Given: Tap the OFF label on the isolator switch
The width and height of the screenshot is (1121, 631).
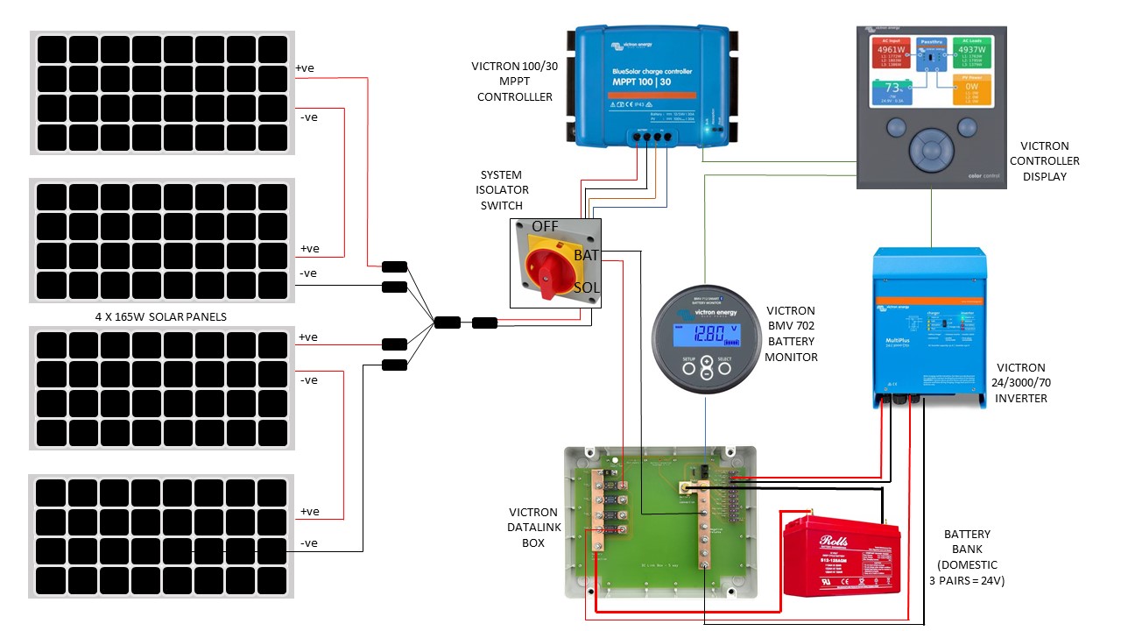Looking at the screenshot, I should [545, 226].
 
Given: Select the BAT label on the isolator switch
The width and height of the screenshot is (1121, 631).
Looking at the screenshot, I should [586, 255].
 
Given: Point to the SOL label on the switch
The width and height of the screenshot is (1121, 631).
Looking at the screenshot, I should [586, 287].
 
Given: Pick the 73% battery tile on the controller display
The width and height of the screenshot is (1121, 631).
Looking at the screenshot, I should [892, 90].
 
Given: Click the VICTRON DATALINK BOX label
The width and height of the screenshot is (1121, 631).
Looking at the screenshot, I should [532, 528].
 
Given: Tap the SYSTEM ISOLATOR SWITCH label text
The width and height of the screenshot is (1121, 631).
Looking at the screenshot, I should [504, 190].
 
